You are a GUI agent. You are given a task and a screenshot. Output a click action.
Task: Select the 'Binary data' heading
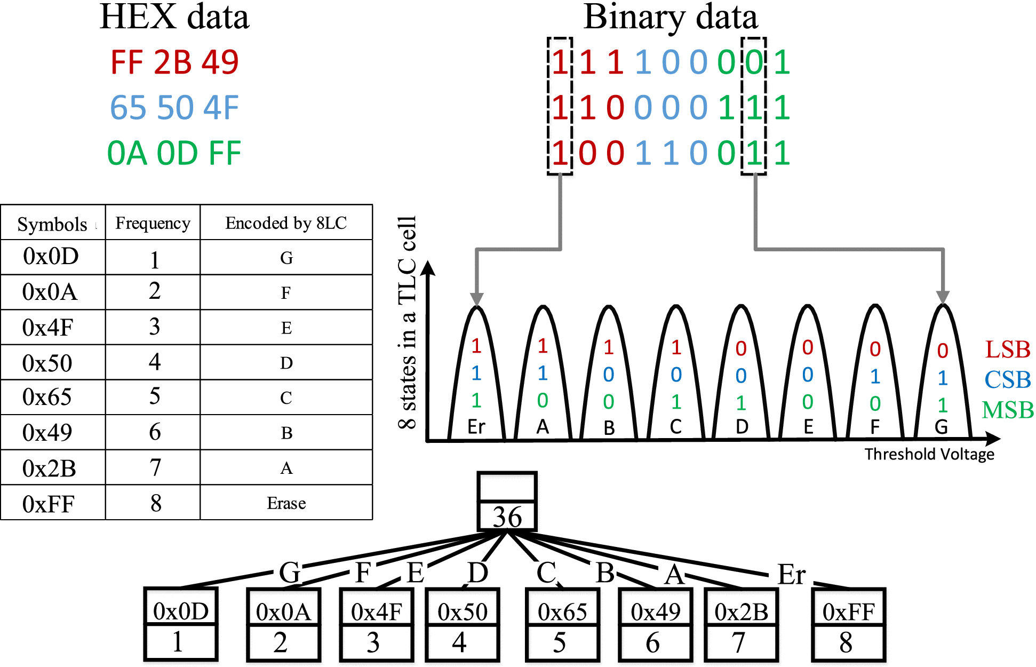[671, 17]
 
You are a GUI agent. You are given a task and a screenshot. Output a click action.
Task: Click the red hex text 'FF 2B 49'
[174, 62]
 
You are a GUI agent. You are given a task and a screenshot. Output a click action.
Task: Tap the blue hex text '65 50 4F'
[174, 108]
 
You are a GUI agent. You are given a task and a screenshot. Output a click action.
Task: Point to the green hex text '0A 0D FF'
[174, 153]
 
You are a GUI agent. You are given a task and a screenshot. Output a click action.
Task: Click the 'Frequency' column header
[153, 223]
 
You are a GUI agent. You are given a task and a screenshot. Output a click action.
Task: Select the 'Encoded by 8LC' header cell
[286, 223]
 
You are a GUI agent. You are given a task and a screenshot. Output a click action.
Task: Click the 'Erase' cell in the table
[286, 503]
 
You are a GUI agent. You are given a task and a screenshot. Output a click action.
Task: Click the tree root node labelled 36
[507, 502]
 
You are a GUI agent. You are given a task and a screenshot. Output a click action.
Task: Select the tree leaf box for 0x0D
[181, 624]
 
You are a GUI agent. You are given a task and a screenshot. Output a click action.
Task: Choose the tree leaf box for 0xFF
[848, 624]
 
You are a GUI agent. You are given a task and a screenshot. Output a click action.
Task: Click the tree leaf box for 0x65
[562, 624]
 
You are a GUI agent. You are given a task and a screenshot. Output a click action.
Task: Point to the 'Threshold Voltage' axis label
[929, 454]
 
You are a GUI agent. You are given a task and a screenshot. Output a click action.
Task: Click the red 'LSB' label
[1008, 350]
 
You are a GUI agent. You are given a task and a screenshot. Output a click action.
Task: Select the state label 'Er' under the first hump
[476, 427]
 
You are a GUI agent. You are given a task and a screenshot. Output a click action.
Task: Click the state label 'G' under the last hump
[941, 427]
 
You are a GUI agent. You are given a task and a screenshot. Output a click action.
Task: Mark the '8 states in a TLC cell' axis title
[407, 322]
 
